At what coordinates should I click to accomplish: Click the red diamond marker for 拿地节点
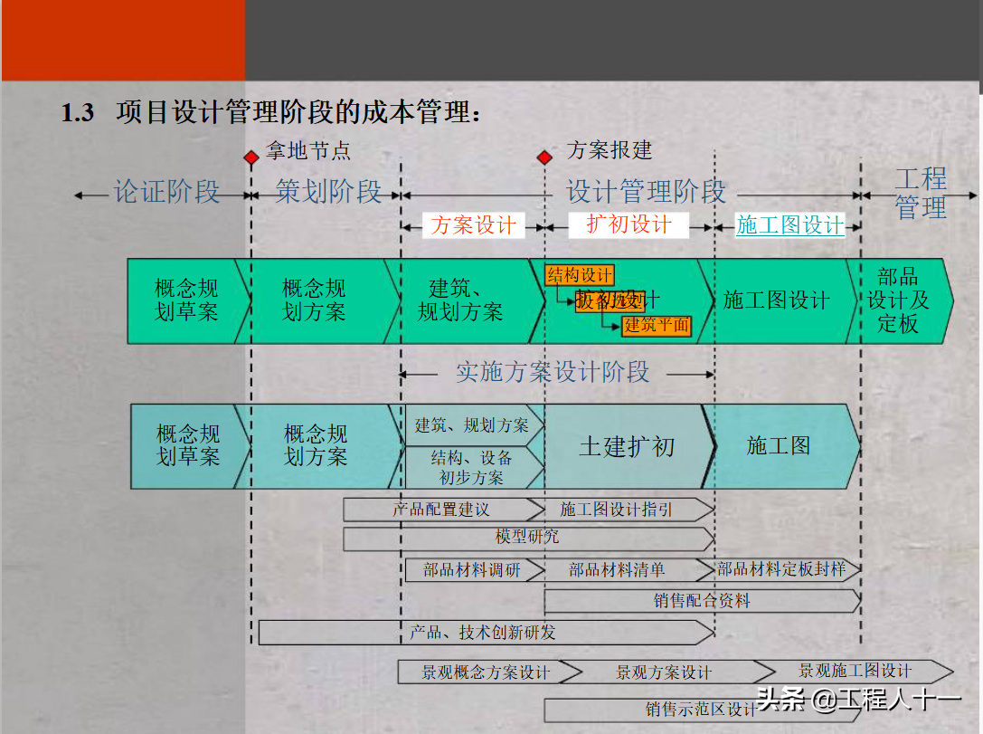tap(251, 157)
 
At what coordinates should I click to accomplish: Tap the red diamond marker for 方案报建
tap(544, 157)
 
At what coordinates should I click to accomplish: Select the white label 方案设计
tap(473, 225)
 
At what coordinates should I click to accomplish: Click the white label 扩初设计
tap(629, 224)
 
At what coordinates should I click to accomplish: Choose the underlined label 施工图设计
tap(790, 225)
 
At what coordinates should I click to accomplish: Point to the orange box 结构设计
tap(580, 275)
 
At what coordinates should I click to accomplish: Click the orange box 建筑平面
tap(657, 325)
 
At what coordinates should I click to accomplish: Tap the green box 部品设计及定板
tap(897, 300)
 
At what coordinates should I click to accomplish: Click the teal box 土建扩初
tap(627, 446)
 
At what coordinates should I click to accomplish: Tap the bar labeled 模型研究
tap(527, 538)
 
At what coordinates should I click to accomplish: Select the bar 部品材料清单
tap(617, 570)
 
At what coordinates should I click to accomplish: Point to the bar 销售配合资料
tap(702, 600)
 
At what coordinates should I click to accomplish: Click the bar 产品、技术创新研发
tap(483, 632)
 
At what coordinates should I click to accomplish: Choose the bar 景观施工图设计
tap(855, 671)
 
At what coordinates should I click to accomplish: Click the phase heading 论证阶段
tap(166, 192)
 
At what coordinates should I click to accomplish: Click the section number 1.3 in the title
tap(78, 113)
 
